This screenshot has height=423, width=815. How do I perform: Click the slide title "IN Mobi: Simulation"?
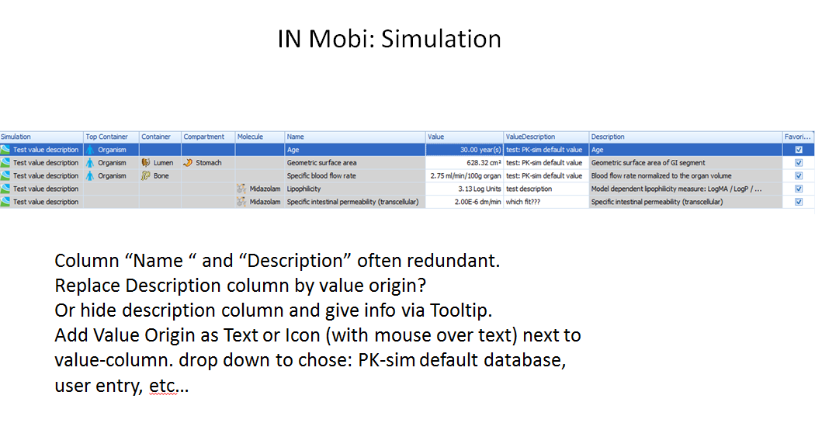pyautogui.click(x=389, y=39)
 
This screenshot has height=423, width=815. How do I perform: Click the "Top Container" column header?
pyautogui.click(x=106, y=137)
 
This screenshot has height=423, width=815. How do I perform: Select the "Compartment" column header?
pyautogui.click(x=203, y=137)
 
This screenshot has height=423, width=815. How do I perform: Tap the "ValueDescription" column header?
pyautogui.click(x=530, y=137)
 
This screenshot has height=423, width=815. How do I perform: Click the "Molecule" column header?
pyautogui.click(x=250, y=137)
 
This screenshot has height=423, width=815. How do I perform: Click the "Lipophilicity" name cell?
pyautogui.click(x=303, y=189)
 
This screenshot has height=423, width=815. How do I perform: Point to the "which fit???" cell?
pyautogui.click(x=525, y=202)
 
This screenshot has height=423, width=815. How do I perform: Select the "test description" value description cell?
pyautogui.click(x=529, y=189)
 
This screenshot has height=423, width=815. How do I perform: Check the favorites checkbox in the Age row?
pyautogui.click(x=799, y=150)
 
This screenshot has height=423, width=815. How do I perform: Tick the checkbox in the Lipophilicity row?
pyautogui.click(x=799, y=189)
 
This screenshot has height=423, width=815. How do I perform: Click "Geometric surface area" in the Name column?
pyautogui.click(x=321, y=163)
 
